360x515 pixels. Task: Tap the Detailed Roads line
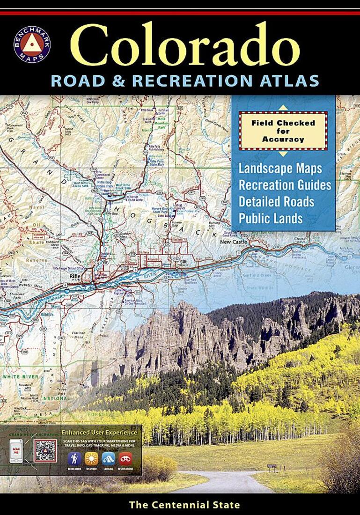[x=277, y=201]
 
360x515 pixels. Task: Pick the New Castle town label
[x=235, y=242]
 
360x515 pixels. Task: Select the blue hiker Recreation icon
[x=74, y=459]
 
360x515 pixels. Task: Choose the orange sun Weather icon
[x=92, y=459]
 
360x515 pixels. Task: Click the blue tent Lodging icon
[x=109, y=459]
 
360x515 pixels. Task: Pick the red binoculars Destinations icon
[x=125, y=459]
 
